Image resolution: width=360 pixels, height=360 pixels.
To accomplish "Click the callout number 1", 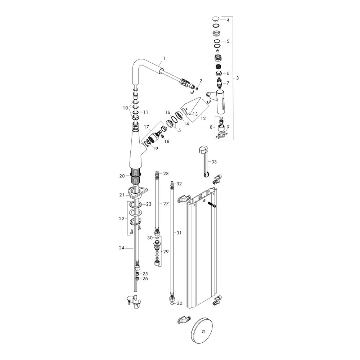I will point(164,58).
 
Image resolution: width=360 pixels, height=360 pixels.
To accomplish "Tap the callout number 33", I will point(214,162).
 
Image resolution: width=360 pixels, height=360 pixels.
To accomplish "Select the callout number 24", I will point(122,248).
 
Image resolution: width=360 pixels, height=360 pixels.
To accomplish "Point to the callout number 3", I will point(237,78).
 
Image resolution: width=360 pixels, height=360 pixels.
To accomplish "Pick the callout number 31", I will point(179,233).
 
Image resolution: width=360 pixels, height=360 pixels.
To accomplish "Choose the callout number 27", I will point(166,204).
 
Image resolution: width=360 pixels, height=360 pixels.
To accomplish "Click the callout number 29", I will point(166,252).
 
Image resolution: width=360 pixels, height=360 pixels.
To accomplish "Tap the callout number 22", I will point(122,218).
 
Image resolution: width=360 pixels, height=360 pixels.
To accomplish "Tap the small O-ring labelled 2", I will point(197,88).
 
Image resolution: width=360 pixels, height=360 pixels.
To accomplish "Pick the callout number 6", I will point(228,73).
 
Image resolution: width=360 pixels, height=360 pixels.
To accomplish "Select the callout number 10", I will point(125,108).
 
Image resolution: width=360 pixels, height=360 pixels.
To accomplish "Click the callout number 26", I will point(145,278).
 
